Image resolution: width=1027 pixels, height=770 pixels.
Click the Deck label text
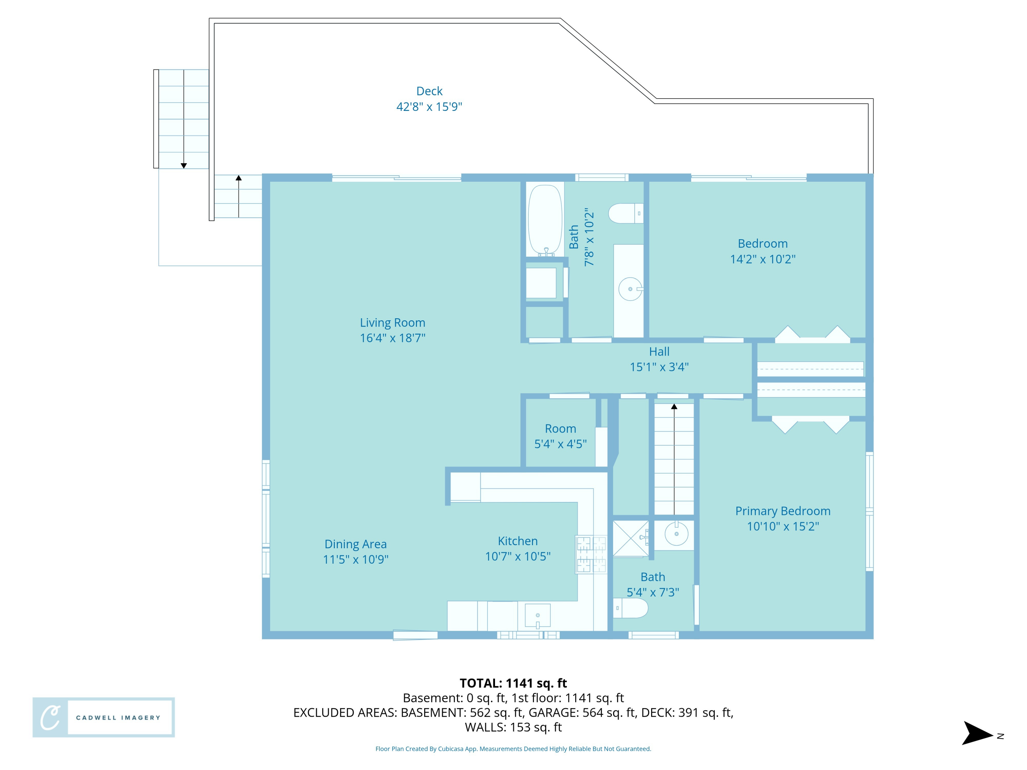(429, 91)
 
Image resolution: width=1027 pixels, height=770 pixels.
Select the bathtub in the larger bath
(545, 220)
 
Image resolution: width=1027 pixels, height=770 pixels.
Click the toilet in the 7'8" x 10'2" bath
(624, 214)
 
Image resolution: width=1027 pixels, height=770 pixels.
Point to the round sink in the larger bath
(630, 289)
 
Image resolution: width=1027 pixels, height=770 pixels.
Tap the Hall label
(659, 352)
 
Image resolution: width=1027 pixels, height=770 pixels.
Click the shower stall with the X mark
(630, 538)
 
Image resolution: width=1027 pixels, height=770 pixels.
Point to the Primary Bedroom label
(782, 511)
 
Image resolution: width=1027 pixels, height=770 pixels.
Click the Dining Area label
(355, 544)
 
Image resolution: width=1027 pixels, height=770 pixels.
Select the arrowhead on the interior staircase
(674, 407)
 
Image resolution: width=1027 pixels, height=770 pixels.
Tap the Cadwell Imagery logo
(103, 717)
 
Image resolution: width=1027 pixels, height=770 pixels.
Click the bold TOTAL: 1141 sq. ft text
(513, 683)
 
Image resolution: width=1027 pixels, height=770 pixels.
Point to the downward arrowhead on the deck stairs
(183, 166)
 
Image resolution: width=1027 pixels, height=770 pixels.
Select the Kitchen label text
(517, 541)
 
